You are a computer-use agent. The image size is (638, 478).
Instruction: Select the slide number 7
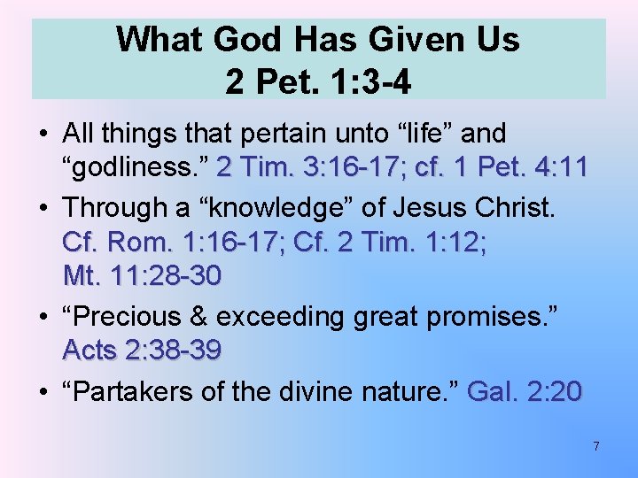596,446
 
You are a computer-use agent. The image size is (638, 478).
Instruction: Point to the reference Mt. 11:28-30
142,276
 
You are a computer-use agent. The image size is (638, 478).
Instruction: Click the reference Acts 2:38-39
142,351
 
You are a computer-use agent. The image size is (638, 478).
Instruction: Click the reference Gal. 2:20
524,390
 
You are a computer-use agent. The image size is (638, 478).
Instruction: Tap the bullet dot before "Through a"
43,208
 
